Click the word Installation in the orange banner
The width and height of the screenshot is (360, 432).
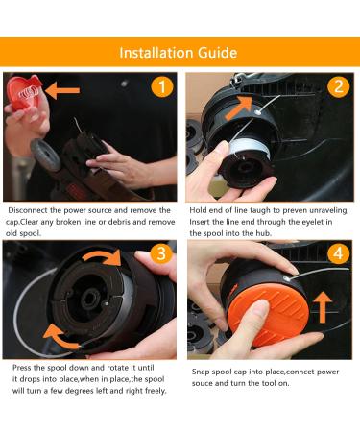pos(157,52)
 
